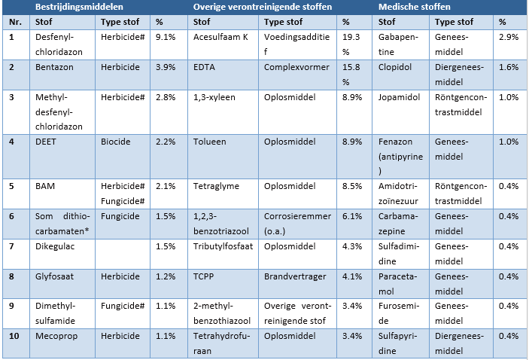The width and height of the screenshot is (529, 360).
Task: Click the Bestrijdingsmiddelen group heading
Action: click(79, 7)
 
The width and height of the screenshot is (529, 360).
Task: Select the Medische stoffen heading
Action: click(415, 7)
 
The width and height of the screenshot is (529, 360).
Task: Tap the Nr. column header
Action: click(15, 22)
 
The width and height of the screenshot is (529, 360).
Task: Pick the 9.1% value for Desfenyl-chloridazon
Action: click(166, 37)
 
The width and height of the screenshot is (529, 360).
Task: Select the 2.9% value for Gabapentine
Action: click(509, 37)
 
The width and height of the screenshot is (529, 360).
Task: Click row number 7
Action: click(11, 246)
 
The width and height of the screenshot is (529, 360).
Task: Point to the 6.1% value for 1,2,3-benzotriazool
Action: click(352, 216)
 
